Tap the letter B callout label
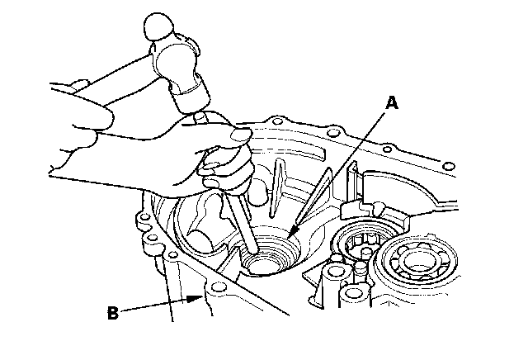[114, 312]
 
